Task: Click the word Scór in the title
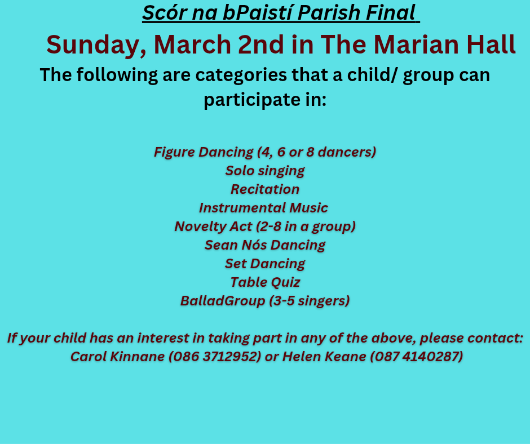(164, 13)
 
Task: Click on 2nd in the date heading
(261, 45)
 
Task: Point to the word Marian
(416, 45)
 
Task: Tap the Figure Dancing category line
(265, 152)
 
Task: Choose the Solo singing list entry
(265, 171)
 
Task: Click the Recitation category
(265, 189)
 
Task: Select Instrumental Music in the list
(263, 208)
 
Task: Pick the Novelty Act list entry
(265, 227)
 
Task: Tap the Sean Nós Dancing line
(265, 245)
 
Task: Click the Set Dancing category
(265, 264)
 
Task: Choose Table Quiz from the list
(265, 282)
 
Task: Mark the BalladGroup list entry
(265, 301)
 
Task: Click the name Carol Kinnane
(117, 357)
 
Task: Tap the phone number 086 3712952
(215, 357)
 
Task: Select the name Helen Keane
(324, 357)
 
